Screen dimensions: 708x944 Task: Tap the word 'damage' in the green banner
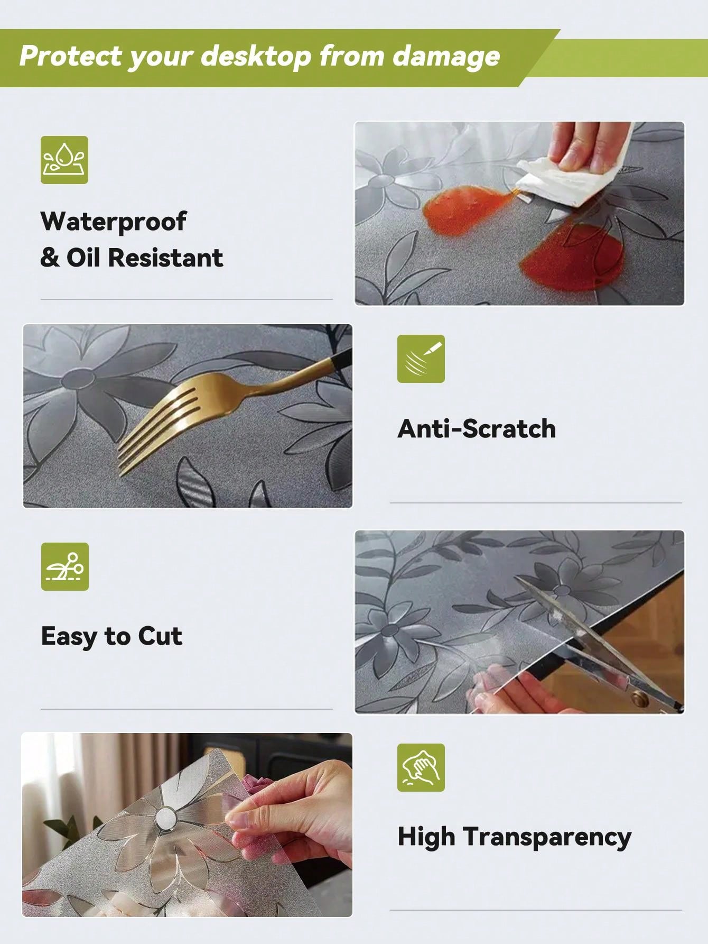coord(446,56)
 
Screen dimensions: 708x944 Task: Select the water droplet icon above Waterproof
coord(64,160)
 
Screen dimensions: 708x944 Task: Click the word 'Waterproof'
coord(113,222)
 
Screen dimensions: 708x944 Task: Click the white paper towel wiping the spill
coord(566,174)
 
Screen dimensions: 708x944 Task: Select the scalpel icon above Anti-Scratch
coord(421,359)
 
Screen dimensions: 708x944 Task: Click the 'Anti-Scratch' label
coord(477,428)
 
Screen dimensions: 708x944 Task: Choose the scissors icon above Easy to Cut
coord(65,566)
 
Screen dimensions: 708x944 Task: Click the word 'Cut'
coord(160,636)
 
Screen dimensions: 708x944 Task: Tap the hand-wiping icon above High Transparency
coord(421,767)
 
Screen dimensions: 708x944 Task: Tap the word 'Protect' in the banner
coord(71,56)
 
